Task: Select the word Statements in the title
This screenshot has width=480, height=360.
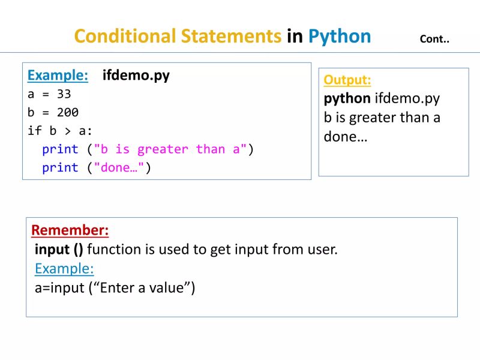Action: [230, 37]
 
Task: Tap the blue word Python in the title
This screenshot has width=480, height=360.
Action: [340, 37]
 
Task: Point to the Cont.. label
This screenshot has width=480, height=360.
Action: [435, 40]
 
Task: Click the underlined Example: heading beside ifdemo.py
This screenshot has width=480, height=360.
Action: [58, 76]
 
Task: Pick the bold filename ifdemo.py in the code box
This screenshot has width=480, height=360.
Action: [136, 76]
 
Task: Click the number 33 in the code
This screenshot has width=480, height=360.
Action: [64, 94]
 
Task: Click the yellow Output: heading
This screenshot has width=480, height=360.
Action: [347, 80]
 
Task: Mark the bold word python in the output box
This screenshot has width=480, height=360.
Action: [347, 98]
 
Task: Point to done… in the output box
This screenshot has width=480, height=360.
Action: [346, 136]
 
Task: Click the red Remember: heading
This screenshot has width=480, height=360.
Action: [70, 230]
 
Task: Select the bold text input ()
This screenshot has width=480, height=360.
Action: [59, 249]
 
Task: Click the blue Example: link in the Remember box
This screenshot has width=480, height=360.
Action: [64, 268]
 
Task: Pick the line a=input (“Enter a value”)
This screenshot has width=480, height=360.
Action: [115, 287]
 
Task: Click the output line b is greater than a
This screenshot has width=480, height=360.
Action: [382, 118]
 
